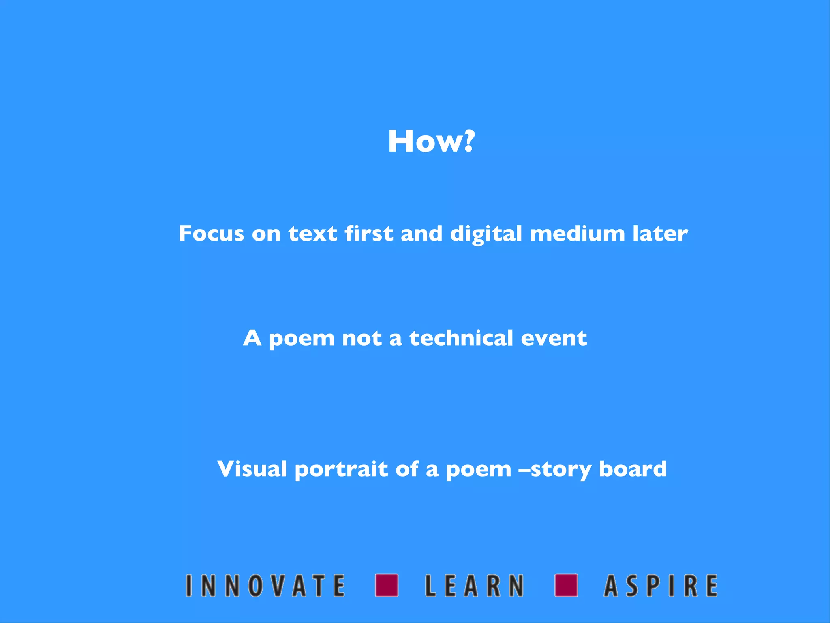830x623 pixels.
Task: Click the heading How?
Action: coord(430,142)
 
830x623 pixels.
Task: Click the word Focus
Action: coord(211,234)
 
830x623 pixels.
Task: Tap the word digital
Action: coord(486,234)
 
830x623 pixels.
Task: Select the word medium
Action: coord(577,234)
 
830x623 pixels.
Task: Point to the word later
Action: coord(660,234)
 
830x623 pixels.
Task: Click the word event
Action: coord(554,338)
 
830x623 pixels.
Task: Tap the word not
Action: coord(362,338)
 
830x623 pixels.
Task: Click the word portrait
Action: coord(341,470)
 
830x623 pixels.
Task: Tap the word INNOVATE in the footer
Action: coord(265,585)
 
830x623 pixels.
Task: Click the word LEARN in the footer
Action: coord(474,585)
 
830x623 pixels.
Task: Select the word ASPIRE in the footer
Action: coord(661,585)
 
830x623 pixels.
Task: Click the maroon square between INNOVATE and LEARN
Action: coord(387,585)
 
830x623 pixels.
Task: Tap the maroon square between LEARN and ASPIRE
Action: coord(566,585)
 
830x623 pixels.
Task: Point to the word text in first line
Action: coord(312,234)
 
